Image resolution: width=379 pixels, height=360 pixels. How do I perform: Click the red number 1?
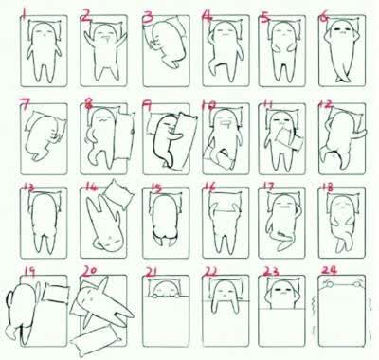(x=23, y=13)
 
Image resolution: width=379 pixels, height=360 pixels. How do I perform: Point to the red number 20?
(x=92, y=271)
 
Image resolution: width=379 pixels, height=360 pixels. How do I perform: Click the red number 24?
(x=329, y=270)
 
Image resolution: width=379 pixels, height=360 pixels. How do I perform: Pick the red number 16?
(x=209, y=187)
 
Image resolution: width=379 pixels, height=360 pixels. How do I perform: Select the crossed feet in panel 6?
(x=342, y=78)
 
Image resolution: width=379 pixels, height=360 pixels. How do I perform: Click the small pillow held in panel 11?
(x=289, y=138)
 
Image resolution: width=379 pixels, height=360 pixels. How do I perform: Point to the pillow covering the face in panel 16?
(x=225, y=202)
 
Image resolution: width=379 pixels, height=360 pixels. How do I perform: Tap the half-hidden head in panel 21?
(x=165, y=290)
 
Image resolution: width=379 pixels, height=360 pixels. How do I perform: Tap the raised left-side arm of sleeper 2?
(x=89, y=39)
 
